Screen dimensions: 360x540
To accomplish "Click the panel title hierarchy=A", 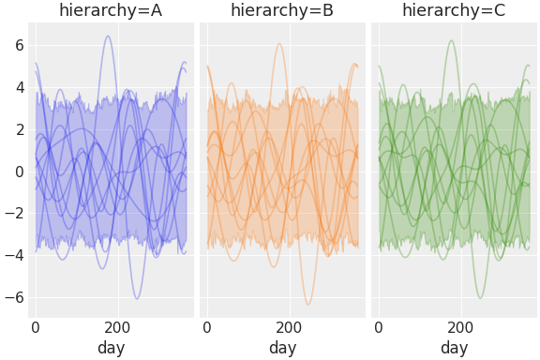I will pyautogui.click(x=111, y=10).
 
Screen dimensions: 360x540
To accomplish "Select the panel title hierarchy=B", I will pyautogui.click(x=282, y=10).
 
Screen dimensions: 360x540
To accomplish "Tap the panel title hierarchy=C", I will pyautogui.click(x=454, y=10).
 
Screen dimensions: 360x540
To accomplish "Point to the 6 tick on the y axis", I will pyautogui.click(x=18, y=45).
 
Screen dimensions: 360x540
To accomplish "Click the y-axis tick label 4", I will pyautogui.click(x=18, y=87).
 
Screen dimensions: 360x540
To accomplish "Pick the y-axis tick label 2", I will pyautogui.click(x=18, y=129).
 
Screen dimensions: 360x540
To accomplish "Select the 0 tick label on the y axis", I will pyautogui.click(x=18, y=172).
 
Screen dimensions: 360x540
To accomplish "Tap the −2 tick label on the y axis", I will pyautogui.click(x=14, y=214).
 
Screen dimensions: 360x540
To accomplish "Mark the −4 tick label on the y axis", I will pyautogui.click(x=14, y=256).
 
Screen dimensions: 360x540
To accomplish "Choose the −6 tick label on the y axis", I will pyautogui.click(x=14, y=298).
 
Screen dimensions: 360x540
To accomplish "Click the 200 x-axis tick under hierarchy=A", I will pyautogui.click(x=118, y=328).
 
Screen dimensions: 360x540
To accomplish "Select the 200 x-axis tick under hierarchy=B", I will pyautogui.click(x=290, y=328).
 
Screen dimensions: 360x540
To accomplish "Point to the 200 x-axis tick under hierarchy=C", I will pyautogui.click(x=461, y=328).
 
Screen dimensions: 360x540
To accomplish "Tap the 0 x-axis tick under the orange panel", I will pyautogui.click(x=207, y=328).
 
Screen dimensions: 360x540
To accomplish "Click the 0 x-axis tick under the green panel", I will pyautogui.click(x=379, y=328).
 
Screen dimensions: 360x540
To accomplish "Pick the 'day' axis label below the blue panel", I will pyautogui.click(x=111, y=348).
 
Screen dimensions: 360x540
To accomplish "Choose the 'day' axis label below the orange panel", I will pyautogui.click(x=282, y=348).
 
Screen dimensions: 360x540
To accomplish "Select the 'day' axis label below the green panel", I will pyautogui.click(x=454, y=348).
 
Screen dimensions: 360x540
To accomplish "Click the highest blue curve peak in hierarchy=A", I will pyautogui.click(x=108, y=37).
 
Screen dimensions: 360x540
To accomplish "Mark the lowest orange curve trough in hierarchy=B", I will pyautogui.click(x=307, y=304).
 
